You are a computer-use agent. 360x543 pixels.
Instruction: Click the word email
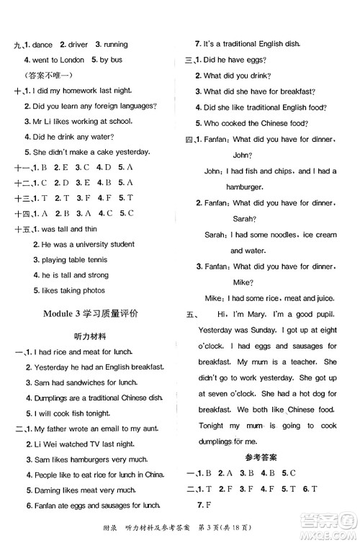[113, 429]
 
